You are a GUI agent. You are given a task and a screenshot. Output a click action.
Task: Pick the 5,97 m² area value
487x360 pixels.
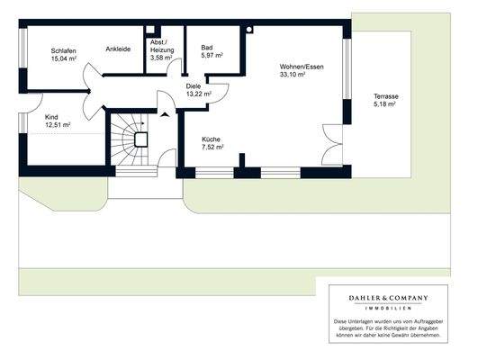click(212, 55)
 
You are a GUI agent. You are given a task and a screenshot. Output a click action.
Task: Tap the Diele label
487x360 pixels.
click(194, 85)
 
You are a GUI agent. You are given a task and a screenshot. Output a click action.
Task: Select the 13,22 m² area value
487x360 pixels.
click(198, 94)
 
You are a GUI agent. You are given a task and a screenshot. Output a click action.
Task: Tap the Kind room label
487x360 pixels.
click(52, 117)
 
